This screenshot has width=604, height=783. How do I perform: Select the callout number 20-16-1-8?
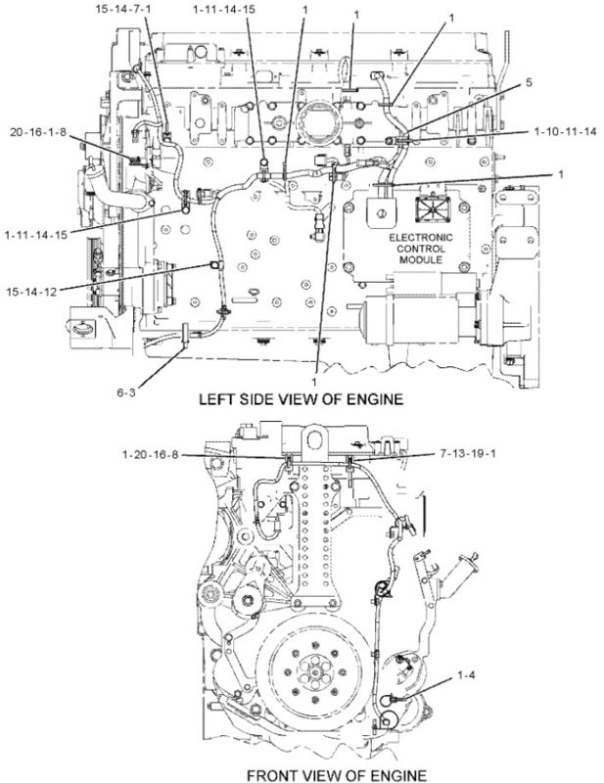(39, 131)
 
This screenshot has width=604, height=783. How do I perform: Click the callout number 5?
(529, 83)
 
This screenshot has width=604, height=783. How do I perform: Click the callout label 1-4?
(467, 675)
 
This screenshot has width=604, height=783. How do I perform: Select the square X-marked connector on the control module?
(430, 207)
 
